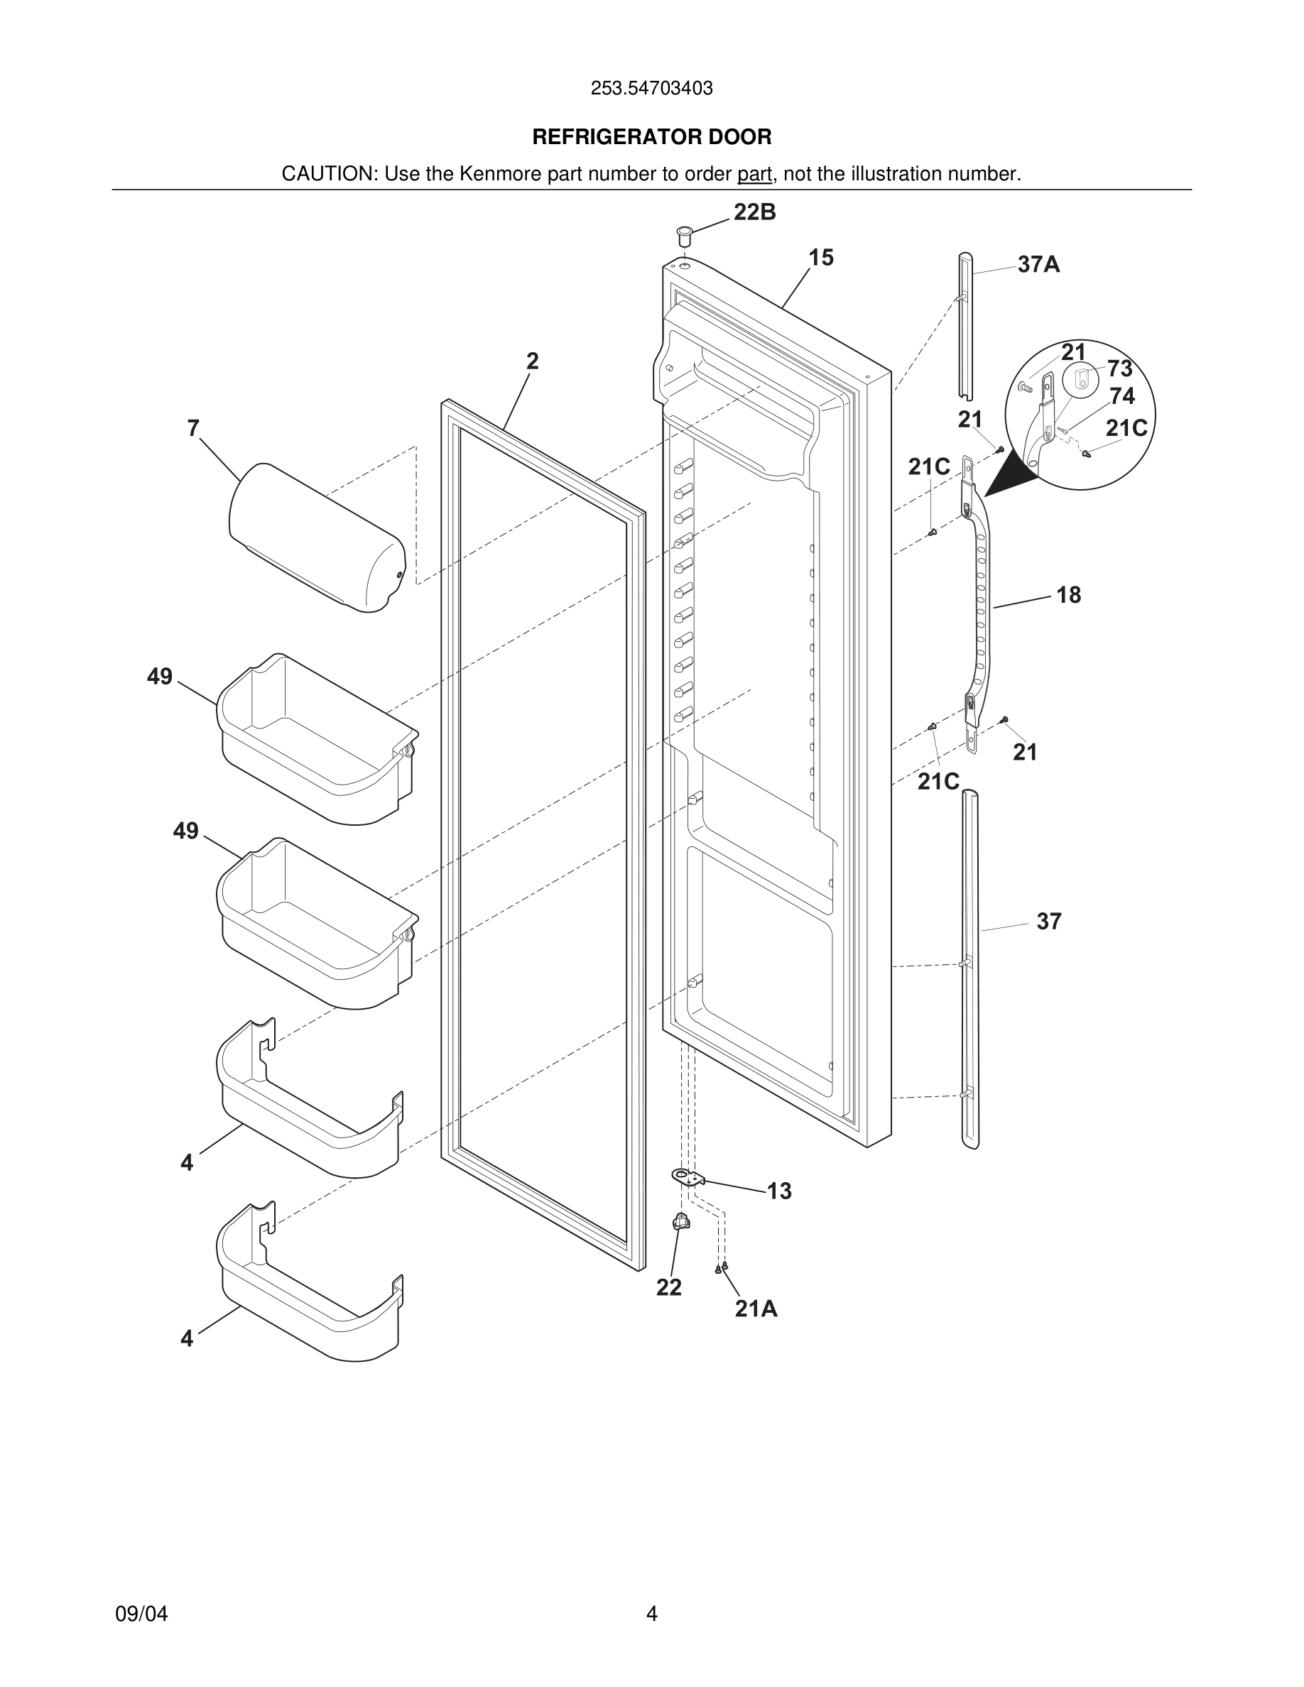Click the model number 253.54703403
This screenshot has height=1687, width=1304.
tap(651, 89)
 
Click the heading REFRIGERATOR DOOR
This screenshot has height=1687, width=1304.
tap(651, 138)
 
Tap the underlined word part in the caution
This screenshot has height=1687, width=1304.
tap(754, 175)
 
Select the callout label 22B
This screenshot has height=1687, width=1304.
tap(754, 212)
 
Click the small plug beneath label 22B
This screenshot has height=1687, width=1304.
tap(684, 235)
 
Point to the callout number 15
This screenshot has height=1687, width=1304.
tap(820, 258)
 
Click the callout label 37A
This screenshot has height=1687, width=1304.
tap(1038, 265)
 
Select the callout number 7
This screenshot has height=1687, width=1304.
tap(193, 428)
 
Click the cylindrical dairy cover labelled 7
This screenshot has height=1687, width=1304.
tap(317, 537)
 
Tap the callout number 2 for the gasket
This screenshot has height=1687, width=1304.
tap(532, 361)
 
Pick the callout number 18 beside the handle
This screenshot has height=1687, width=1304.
tap(1068, 595)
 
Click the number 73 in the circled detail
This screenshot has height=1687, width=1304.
tap(1119, 368)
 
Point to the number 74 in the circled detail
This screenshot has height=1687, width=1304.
tap(1121, 396)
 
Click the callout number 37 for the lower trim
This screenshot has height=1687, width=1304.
tap(1048, 921)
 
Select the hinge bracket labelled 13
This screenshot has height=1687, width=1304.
tap(687, 1178)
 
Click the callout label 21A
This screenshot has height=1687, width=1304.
tap(756, 1309)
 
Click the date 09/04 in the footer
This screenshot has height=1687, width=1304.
tap(141, 1614)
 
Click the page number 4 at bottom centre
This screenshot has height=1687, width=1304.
tap(651, 1614)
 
